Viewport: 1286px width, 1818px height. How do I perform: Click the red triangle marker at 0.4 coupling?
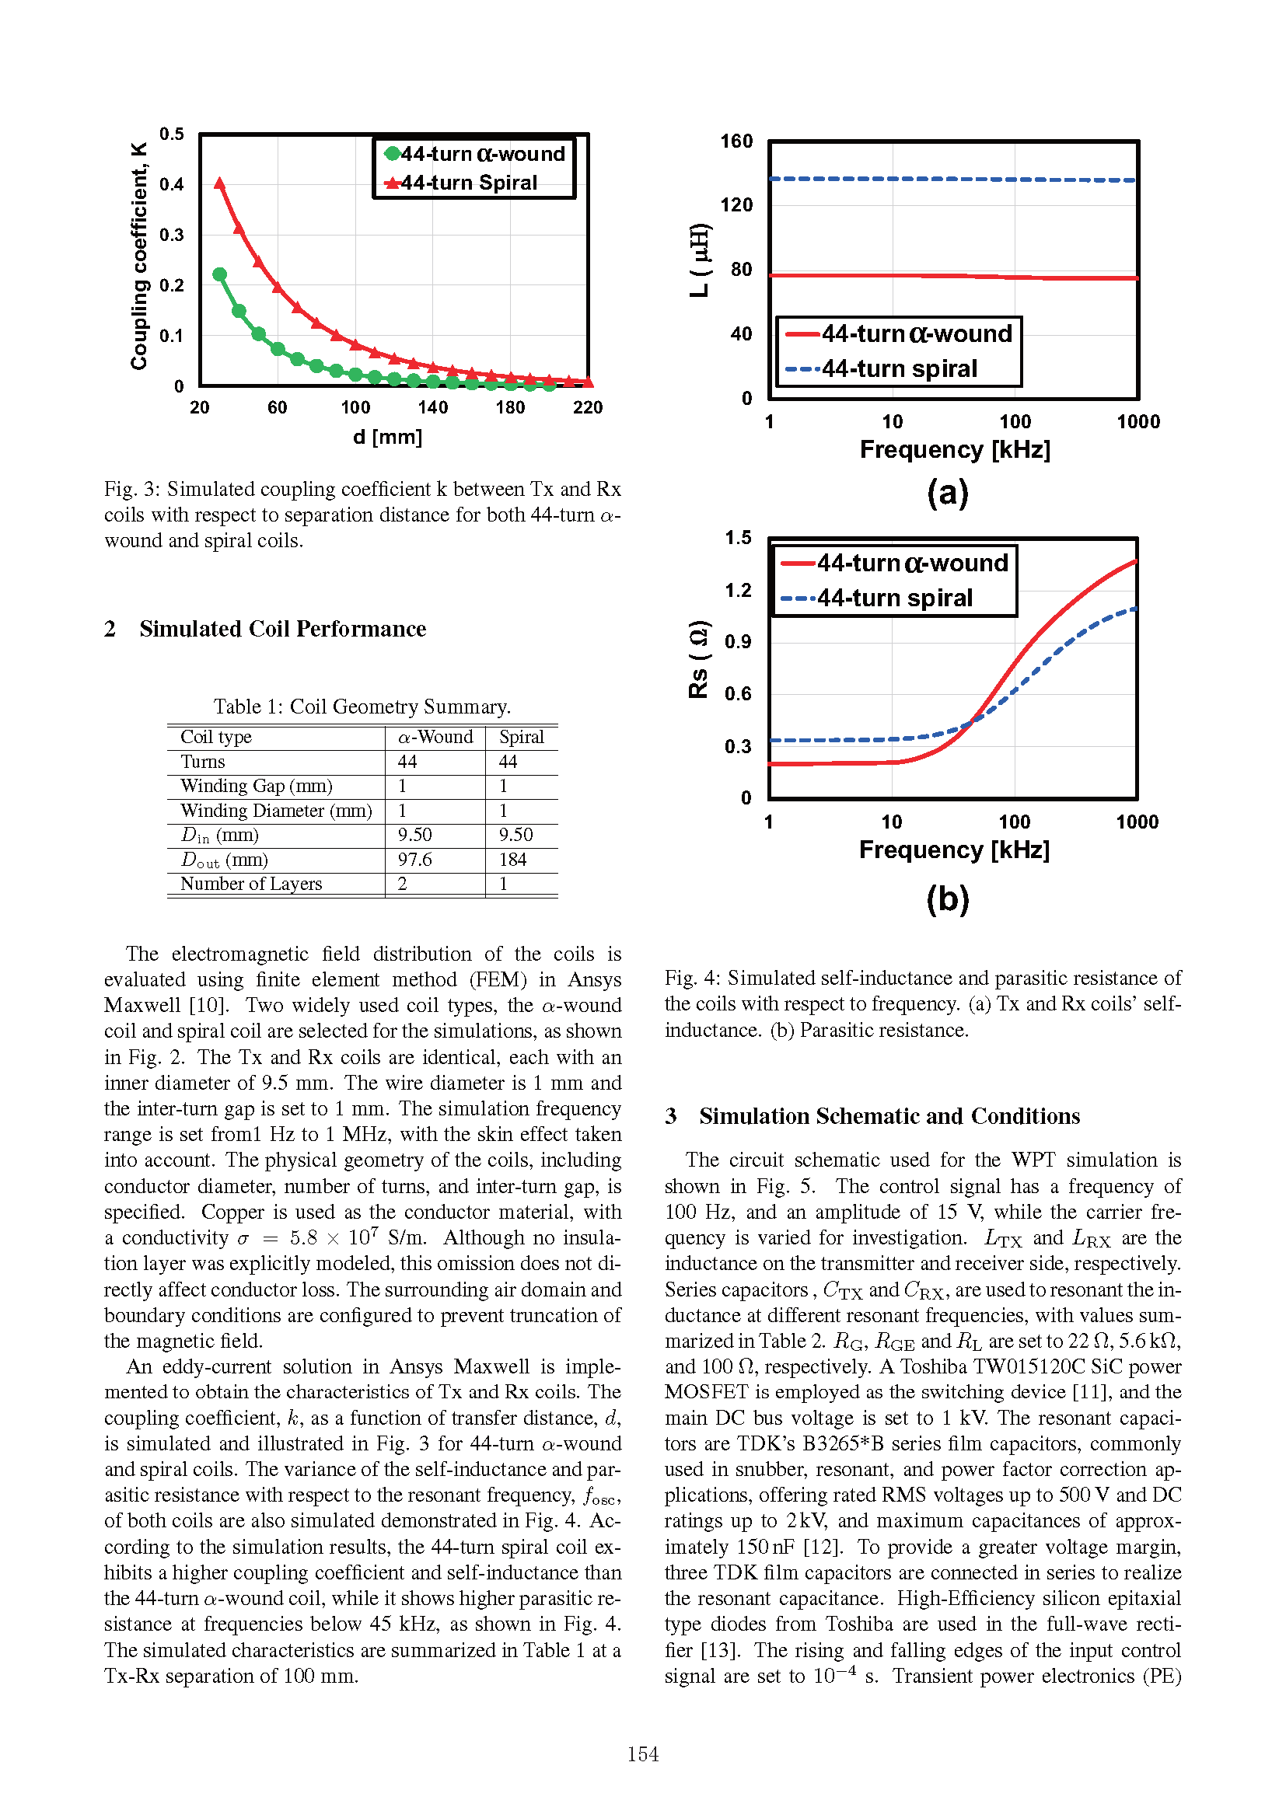220,183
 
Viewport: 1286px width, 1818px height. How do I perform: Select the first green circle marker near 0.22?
220,274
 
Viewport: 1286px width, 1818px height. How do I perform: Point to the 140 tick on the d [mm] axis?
433,408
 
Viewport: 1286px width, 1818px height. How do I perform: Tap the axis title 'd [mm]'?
387,436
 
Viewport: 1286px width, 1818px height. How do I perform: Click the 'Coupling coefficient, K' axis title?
139,256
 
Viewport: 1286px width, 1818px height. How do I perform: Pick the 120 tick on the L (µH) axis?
736,205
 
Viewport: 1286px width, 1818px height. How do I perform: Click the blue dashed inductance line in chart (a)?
950,179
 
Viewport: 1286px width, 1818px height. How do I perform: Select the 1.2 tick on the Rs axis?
738,590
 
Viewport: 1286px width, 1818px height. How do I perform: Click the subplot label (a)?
948,493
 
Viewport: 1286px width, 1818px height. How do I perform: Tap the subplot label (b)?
948,899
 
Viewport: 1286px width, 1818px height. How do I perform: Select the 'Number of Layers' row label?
251,884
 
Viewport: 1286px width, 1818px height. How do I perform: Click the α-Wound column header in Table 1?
435,737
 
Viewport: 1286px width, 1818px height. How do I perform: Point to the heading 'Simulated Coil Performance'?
283,629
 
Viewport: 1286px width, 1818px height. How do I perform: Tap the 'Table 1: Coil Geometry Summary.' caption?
362,707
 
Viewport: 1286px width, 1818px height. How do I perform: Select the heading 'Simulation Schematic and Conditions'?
889,1115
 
